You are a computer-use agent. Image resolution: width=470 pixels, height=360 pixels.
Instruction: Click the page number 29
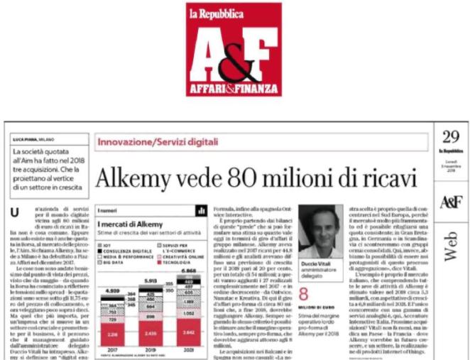click(x=451, y=138)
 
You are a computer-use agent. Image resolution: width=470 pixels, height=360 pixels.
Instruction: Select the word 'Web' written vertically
click(x=452, y=246)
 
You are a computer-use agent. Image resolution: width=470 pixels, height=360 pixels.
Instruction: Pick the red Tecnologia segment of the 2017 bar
click(x=112, y=333)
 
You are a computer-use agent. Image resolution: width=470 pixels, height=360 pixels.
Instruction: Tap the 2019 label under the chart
click(x=150, y=349)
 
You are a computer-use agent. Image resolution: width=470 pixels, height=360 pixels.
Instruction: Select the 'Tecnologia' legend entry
click(x=168, y=261)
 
